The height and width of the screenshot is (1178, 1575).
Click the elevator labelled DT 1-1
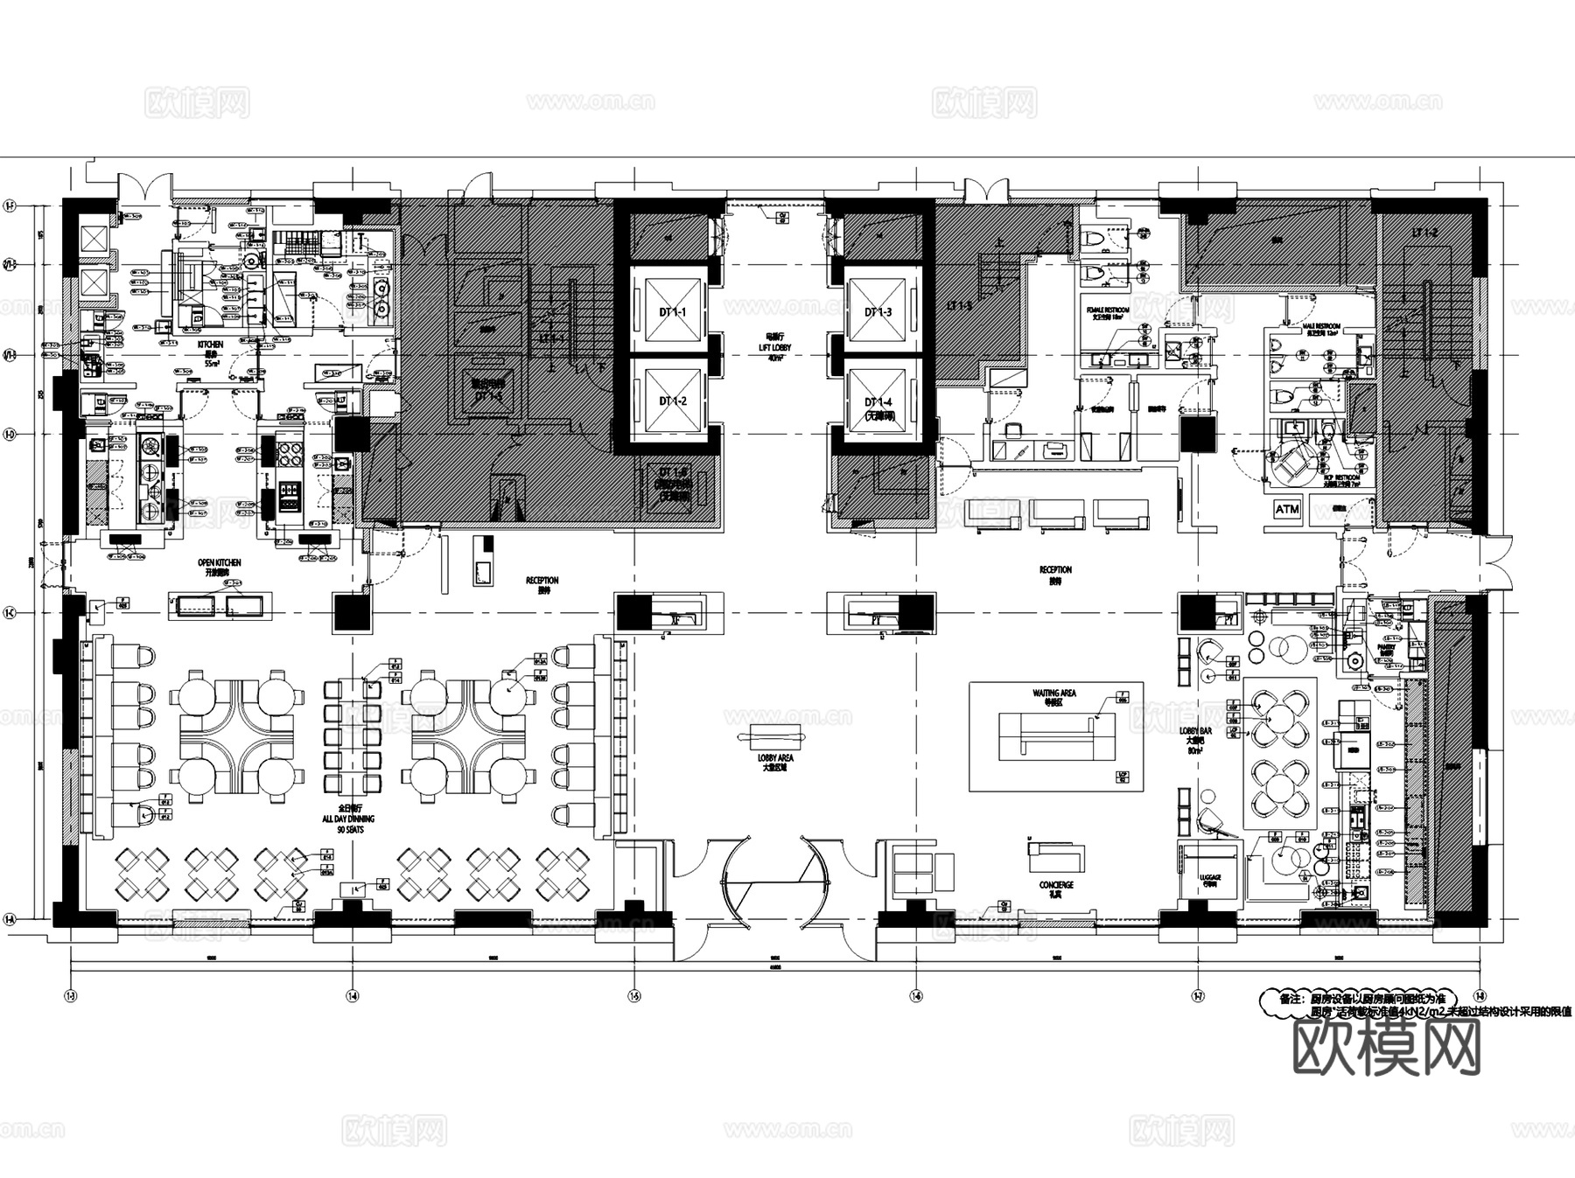[x=672, y=311]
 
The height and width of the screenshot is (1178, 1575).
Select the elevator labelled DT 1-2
[x=672, y=401]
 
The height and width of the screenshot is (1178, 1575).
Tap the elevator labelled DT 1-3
[x=878, y=311]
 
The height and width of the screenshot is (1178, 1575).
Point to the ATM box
[x=1287, y=509]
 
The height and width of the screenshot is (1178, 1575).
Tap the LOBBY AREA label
[x=774, y=763]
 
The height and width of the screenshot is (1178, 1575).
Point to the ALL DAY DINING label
[x=349, y=819]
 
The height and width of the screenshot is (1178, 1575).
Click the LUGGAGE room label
[x=1209, y=877]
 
